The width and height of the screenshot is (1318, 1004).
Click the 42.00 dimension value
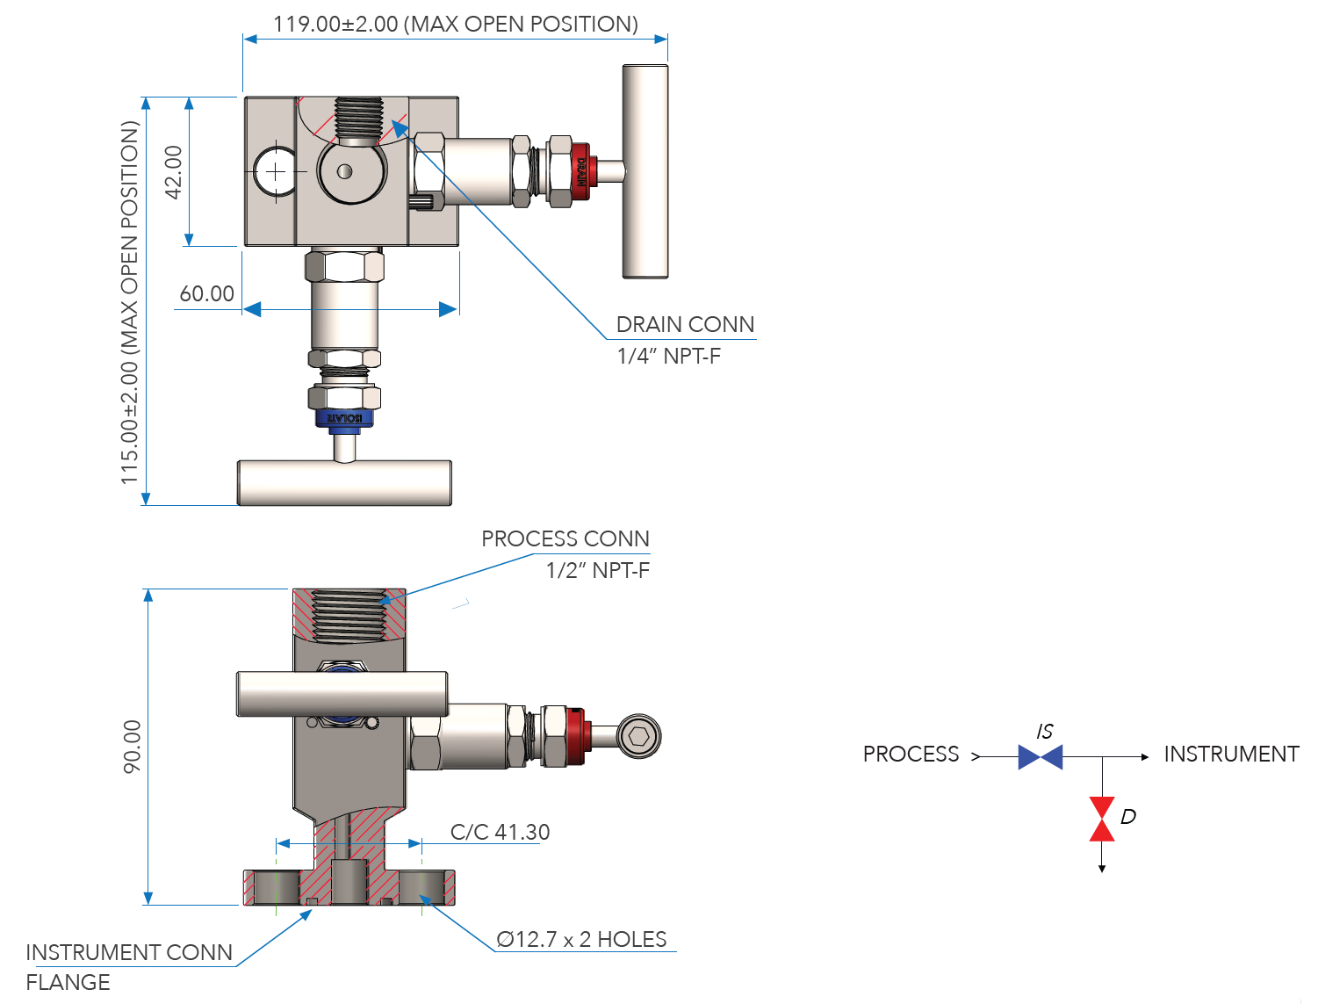coord(174,172)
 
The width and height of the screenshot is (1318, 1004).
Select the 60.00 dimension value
coord(207,293)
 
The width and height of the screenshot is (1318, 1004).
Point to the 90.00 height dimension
coord(132,747)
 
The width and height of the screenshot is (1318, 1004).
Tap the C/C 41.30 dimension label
coord(500,832)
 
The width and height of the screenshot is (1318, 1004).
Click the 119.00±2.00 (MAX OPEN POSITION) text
coord(455,24)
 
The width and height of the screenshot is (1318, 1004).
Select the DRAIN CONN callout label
coord(685,324)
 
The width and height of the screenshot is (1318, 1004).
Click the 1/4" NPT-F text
coord(668,356)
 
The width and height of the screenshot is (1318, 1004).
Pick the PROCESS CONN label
coord(565,538)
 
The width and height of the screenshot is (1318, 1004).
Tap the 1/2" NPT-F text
coord(597,570)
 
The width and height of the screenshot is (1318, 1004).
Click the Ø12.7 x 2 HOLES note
coord(581,939)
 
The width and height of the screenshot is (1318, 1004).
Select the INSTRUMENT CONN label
coord(129,952)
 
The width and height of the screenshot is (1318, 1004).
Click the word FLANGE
coord(68,982)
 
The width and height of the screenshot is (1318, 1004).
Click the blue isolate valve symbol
coord(1041,756)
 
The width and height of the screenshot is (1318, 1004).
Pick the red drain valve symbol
coord(1102,819)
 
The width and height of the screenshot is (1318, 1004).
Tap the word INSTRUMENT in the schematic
coord(1231,754)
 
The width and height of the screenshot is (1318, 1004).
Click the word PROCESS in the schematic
coord(911,754)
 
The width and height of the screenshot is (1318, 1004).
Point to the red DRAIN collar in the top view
coord(580,171)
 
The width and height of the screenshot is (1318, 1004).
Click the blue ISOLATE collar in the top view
coord(344,418)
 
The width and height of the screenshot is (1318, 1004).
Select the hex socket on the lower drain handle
coord(638,736)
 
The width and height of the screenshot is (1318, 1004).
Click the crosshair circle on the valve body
coord(276,171)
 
